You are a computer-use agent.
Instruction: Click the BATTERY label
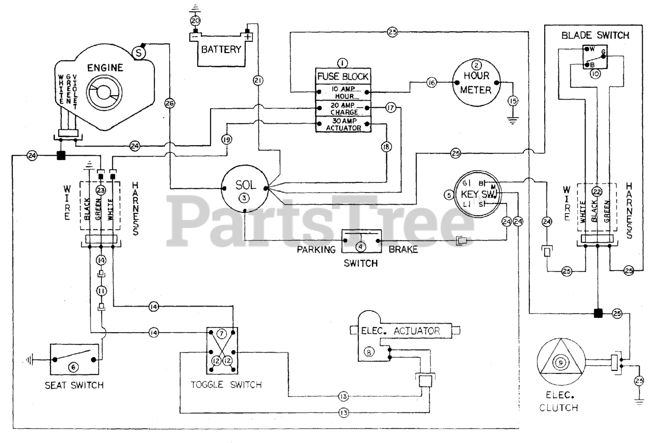pyautogui.click(x=221, y=50)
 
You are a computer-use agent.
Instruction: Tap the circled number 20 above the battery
pyautogui.click(x=195, y=21)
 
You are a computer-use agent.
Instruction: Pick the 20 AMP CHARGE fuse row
pyautogui.click(x=342, y=108)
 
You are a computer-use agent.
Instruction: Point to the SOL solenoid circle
pyautogui.click(x=245, y=188)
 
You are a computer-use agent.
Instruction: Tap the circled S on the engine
pyautogui.click(x=139, y=52)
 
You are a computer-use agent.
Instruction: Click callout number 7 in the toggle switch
pyautogui.click(x=221, y=334)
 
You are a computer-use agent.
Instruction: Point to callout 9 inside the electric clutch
pyautogui.click(x=560, y=363)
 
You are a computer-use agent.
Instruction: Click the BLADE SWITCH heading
pyautogui.click(x=595, y=36)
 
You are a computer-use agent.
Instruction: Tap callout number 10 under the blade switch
pyautogui.click(x=595, y=74)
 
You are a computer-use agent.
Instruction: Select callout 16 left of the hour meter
pyautogui.click(x=431, y=82)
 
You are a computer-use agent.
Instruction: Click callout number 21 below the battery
pyautogui.click(x=258, y=80)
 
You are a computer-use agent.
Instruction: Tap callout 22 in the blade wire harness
pyautogui.click(x=596, y=192)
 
